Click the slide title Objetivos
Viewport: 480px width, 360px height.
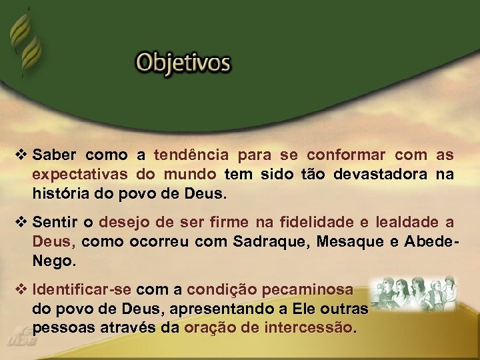pos(183,63)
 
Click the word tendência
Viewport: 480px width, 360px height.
pos(191,155)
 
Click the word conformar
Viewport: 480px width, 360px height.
pos(346,155)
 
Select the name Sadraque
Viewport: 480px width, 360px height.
pos(267,241)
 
